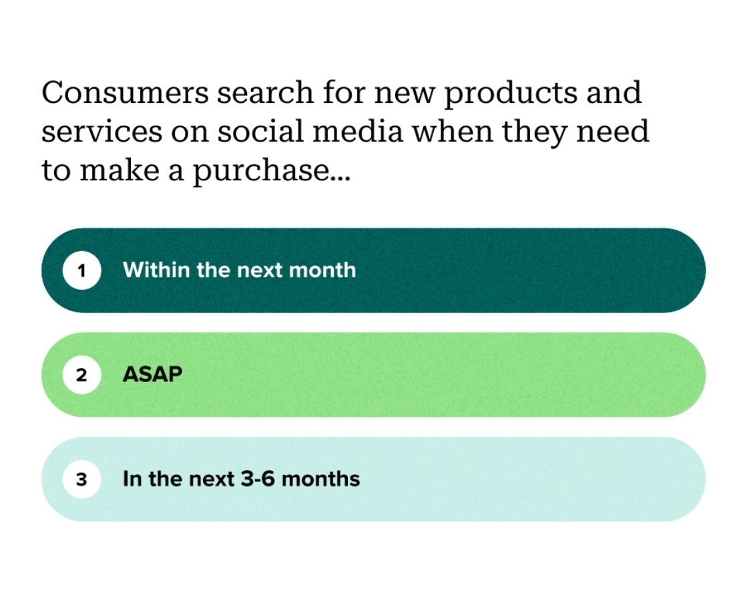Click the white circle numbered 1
81,271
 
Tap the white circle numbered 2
81,375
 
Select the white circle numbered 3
81,479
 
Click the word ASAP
152,375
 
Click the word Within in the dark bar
156,270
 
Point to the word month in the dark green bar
325,270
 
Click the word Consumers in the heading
124,93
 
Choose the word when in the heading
451,132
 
